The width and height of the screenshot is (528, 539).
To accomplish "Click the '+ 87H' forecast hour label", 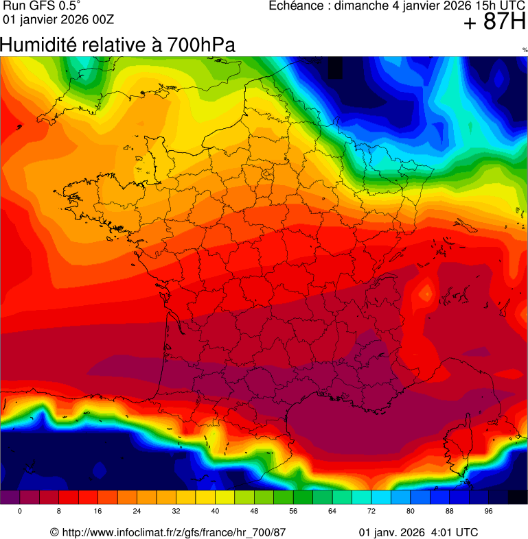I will click(x=494, y=23).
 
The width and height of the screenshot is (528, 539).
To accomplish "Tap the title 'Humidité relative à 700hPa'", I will click(x=118, y=45).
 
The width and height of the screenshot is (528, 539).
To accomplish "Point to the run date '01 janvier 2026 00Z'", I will click(x=58, y=19).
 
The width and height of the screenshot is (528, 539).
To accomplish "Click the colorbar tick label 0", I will click(x=20, y=512).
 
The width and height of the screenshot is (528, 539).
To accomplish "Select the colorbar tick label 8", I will click(x=59, y=512).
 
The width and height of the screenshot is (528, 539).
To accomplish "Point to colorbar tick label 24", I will click(x=137, y=512).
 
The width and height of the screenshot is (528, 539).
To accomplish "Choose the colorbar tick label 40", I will click(x=216, y=512).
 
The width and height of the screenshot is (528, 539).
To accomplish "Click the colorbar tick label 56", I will click(x=293, y=512).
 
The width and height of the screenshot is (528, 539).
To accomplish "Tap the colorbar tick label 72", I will click(x=371, y=512).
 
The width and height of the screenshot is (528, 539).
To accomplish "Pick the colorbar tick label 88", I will click(x=450, y=512).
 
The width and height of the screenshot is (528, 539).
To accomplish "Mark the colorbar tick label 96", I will click(x=489, y=512).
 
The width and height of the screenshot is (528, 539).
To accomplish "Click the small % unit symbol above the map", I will click(x=525, y=50).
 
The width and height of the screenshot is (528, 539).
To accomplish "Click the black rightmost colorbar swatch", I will click(x=517, y=498).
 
